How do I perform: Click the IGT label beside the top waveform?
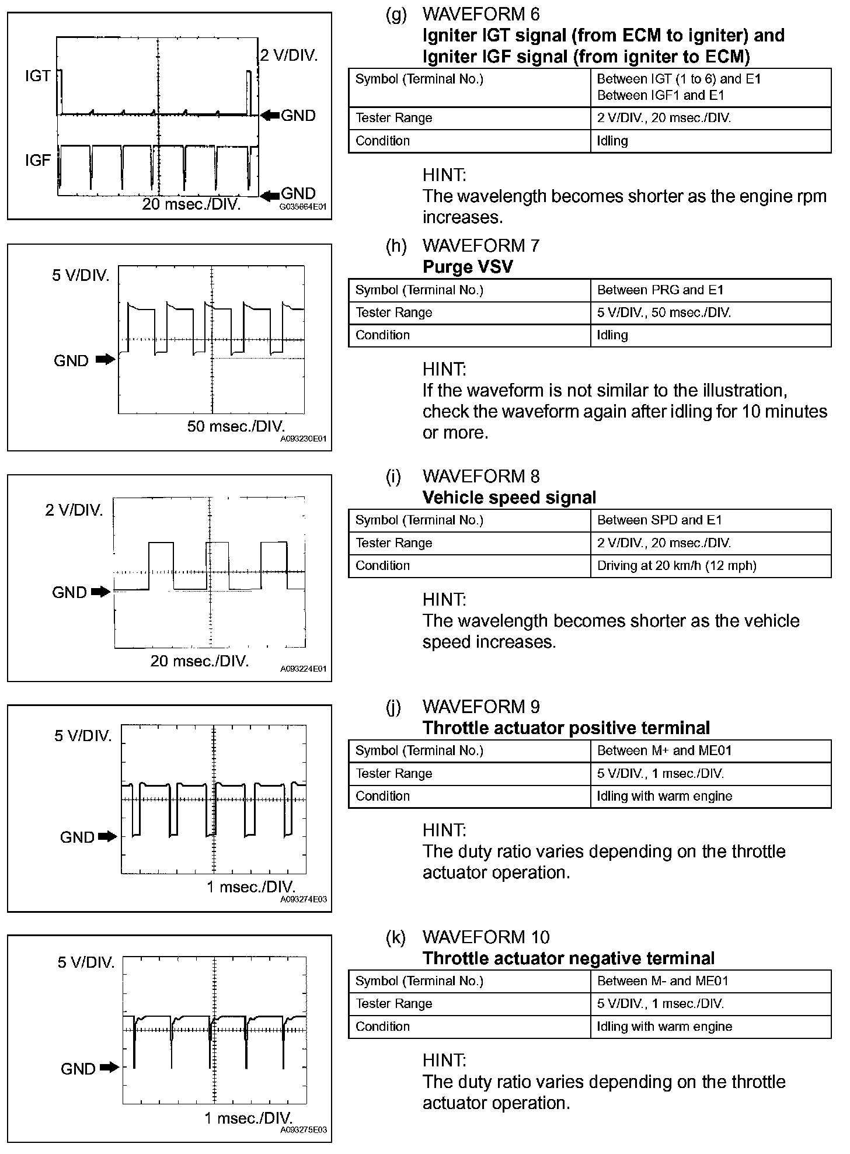38,76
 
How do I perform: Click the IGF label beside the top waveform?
38,160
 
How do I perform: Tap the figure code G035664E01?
303,207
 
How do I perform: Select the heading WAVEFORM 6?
481,14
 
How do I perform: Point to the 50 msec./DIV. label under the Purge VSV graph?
236,426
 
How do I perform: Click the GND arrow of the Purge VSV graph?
106,360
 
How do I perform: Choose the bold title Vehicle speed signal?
509,498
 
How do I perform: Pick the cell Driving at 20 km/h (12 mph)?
677,565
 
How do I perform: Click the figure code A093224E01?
304,669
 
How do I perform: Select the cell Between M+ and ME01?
664,750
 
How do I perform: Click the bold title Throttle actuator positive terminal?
566,728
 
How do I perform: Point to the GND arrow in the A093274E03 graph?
107,836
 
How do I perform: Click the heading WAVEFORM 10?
486,937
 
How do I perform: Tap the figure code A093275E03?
304,1129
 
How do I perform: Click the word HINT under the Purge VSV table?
444,369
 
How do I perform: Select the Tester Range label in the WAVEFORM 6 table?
394,118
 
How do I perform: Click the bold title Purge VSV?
468,267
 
